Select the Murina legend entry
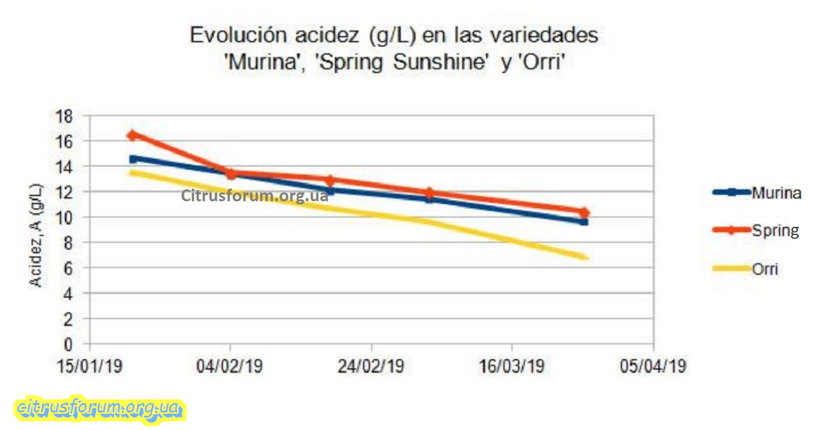(775, 192)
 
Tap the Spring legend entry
(775, 231)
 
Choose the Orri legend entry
(765, 269)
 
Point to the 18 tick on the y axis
(65, 116)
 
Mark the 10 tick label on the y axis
(65, 217)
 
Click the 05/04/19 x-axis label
(654, 366)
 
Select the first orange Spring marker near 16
(132, 135)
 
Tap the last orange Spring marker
(584, 212)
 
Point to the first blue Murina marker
(133, 159)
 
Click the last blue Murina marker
(584, 222)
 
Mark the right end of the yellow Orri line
(585, 257)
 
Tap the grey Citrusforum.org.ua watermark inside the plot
(255, 196)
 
